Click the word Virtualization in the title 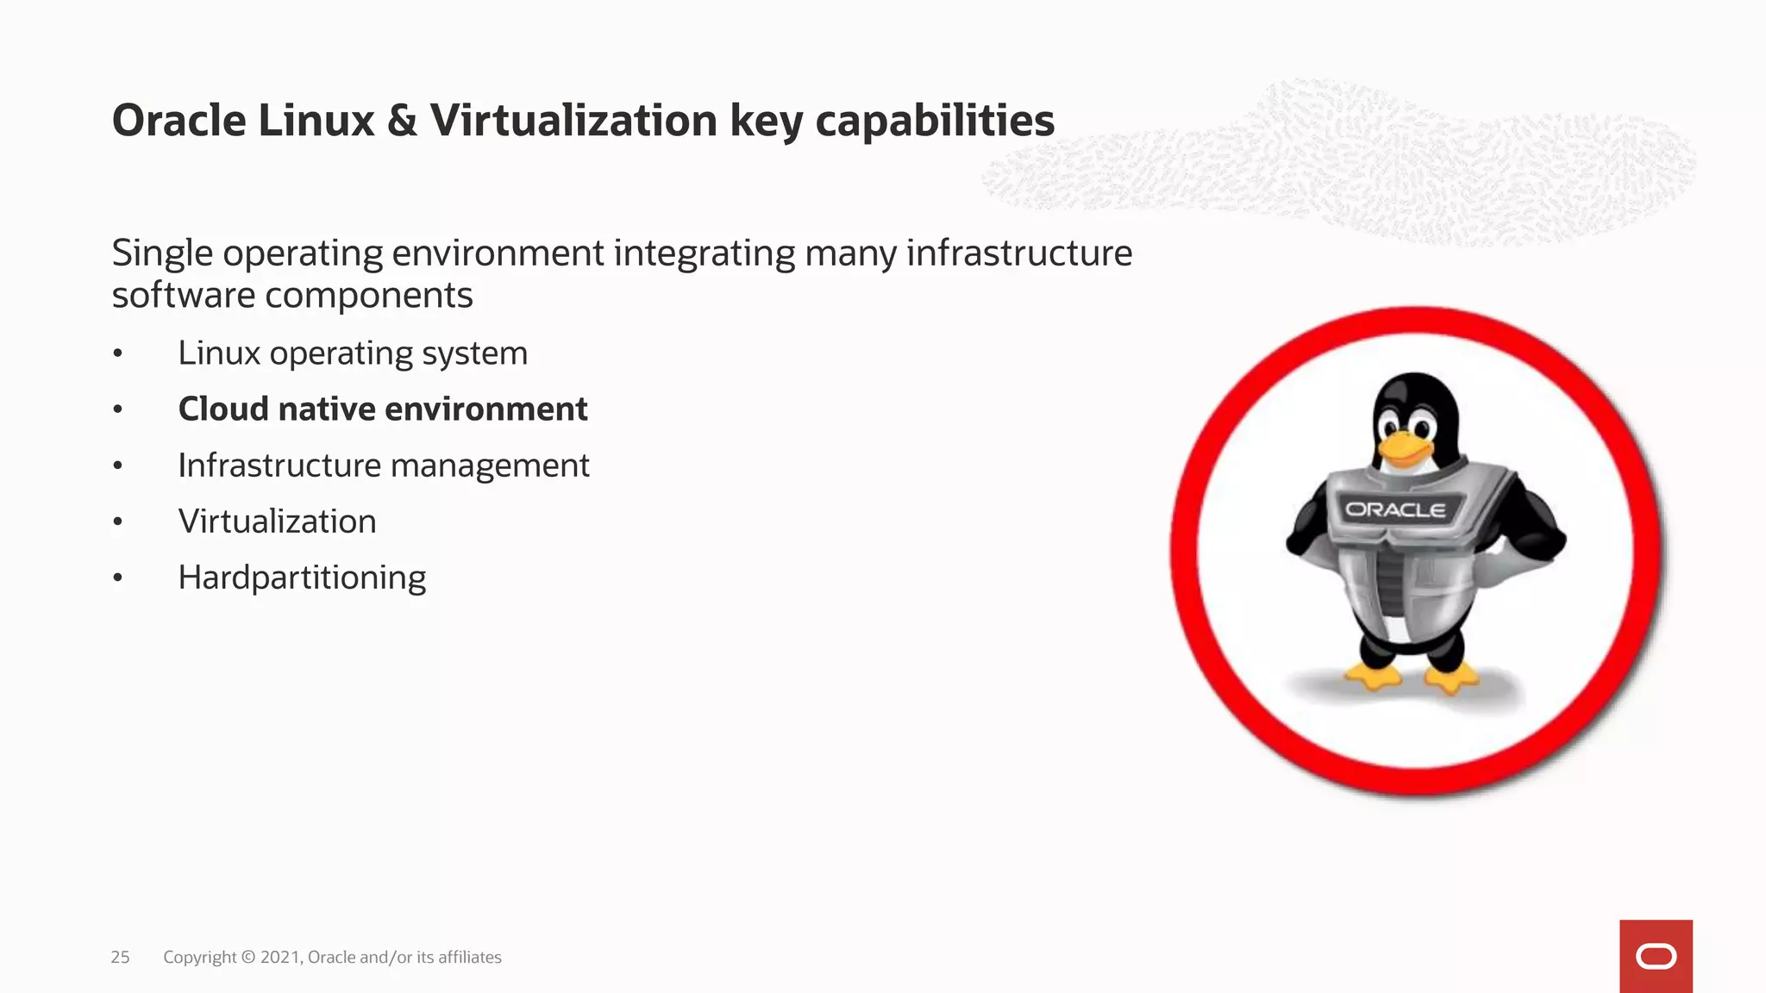point(573,121)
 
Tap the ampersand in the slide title point(402,121)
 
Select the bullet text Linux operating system point(353,353)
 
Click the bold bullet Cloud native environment point(383,409)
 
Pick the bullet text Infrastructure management point(384,465)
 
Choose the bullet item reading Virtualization point(277,521)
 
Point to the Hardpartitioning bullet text point(302,578)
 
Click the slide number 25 point(120,957)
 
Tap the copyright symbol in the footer point(248,957)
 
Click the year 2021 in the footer point(280,957)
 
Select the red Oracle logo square point(1656,956)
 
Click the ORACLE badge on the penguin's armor point(1395,509)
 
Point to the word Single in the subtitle point(162,253)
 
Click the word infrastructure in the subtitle point(1018,253)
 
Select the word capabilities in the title point(935,121)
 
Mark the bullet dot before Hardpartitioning point(118,578)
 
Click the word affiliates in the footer point(470,957)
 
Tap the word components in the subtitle point(369,296)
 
